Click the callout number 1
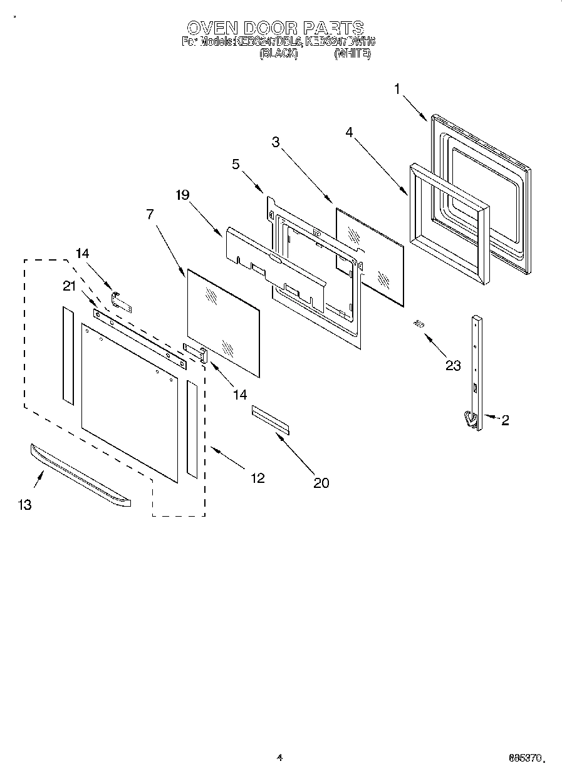coord(397,89)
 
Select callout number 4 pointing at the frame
coord(350,132)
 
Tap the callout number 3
coord(275,142)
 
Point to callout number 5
coord(235,165)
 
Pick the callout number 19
coord(182,195)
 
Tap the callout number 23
coord(453,366)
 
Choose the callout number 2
coord(504,420)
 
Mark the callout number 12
coord(257,478)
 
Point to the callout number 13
coord(24,505)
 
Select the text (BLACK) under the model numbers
coord(278,54)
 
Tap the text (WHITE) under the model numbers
coord(352,54)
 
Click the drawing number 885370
coord(524,758)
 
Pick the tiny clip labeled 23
coord(418,323)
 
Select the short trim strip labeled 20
coord(271,419)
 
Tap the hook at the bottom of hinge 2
coord(469,418)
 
